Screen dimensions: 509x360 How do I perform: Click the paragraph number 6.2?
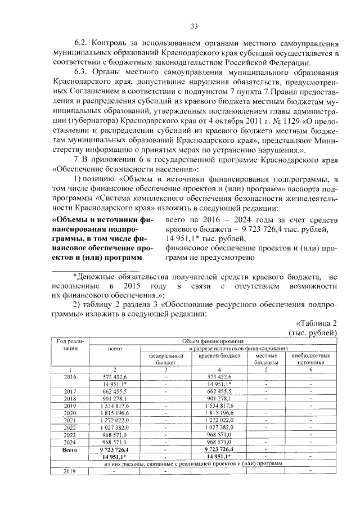82,43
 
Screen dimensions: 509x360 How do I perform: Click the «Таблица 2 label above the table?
316,323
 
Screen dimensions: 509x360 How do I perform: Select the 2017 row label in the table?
70,391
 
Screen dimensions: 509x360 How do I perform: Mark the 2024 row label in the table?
70,443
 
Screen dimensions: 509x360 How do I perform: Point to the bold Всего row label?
70,451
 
